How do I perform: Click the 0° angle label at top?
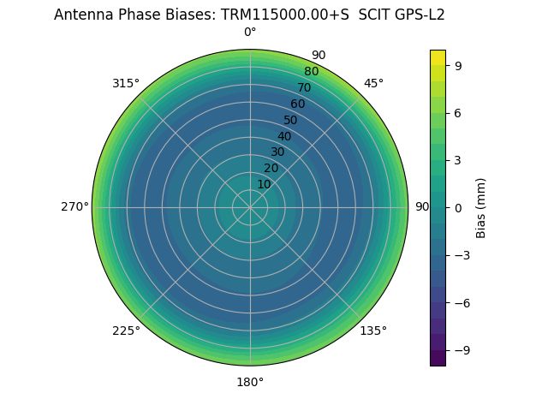[x=250, y=33]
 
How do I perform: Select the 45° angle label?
[x=373, y=83]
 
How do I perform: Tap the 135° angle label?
[x=373, y=331]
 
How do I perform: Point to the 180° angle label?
[x=250, y=382]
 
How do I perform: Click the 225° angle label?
[x=126, y=331]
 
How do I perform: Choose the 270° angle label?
[x=74, y=207]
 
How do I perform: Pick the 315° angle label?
[x=126, y=83]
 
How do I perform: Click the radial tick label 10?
[x=264, y=184]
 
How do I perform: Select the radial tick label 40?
[x=284, y=136]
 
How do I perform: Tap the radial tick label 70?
[x=304, y=87]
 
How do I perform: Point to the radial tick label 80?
[x=311, y=71]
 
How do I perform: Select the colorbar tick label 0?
[x=459, y=207]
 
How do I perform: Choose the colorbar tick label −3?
[x=462, y=255]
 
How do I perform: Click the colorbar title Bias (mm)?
[x=481, y=207]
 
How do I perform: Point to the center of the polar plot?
[x=250, y=207]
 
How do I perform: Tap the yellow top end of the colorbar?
[x=438, y=55]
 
